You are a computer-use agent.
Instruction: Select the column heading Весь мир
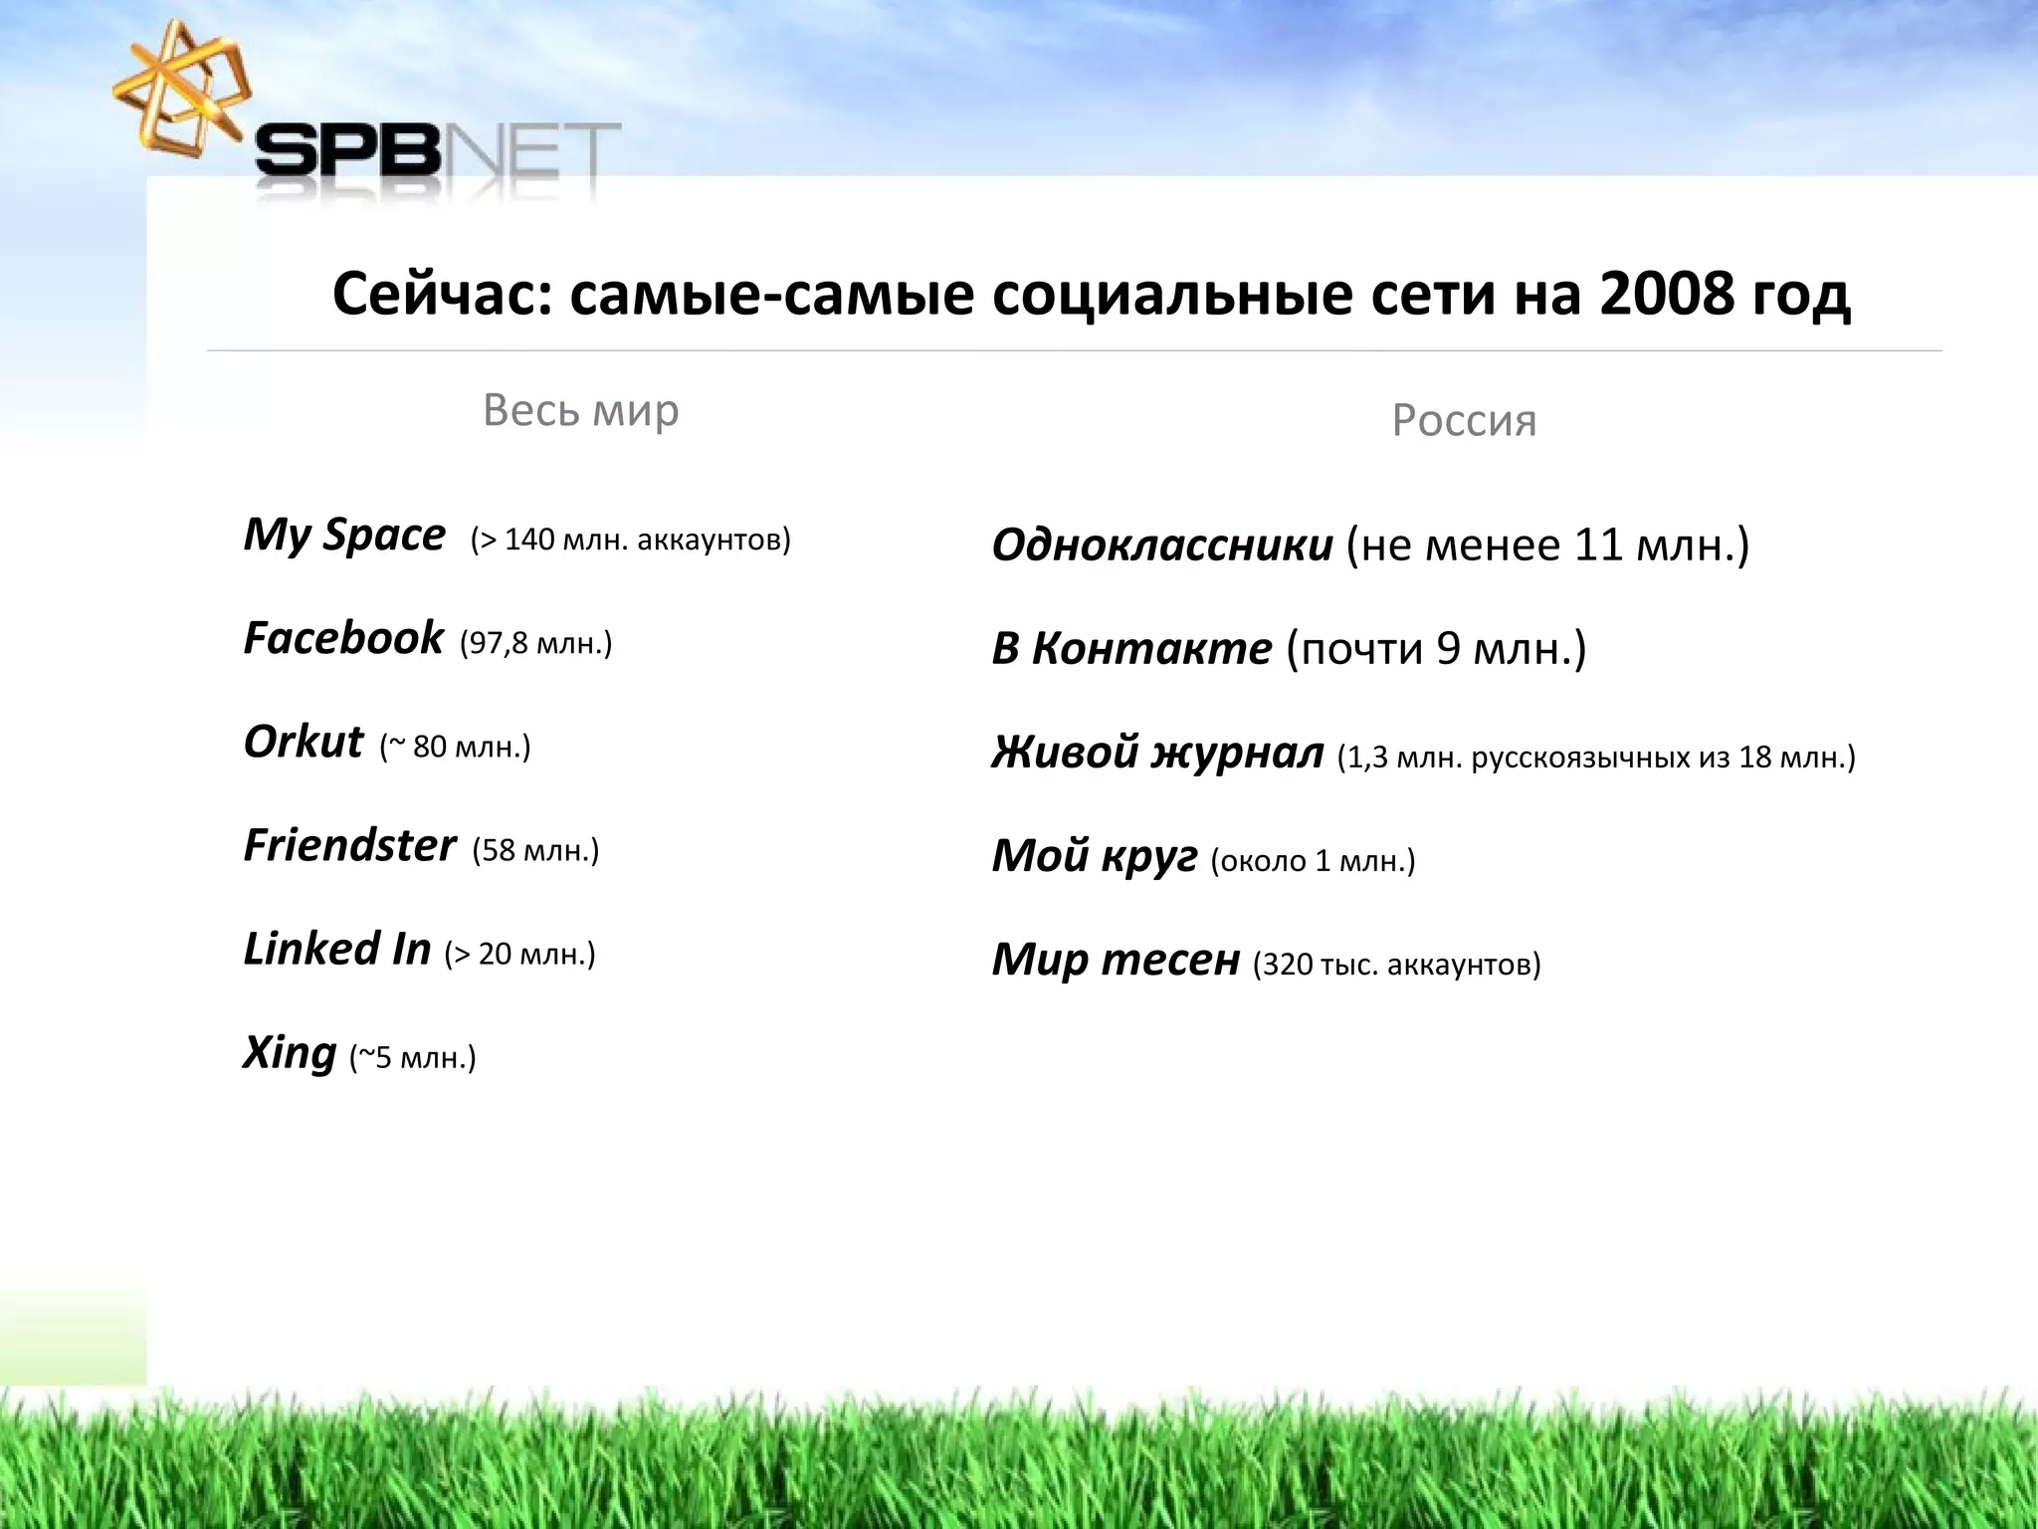tap(580, 410)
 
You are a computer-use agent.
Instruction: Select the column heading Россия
tap(1464, 420)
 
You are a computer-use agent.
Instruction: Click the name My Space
tap(344, 536)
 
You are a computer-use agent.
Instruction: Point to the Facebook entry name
tap(343, 638)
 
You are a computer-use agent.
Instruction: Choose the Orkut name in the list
tap(304, 743)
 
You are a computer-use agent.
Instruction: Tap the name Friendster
tap(349, 846)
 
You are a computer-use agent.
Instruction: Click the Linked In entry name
tap(337, 950)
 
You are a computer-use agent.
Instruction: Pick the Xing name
tap(290, 1053)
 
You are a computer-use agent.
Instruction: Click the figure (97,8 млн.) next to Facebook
tap(535, 644)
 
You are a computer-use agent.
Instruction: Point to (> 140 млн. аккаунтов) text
tap(631, 541)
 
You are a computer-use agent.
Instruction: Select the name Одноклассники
tap(1162, 546)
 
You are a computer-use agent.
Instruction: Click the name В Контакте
tap(1131, 649)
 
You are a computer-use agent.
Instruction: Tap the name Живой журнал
tap(1157, 753)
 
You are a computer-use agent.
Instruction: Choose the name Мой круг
tap(1095, 856)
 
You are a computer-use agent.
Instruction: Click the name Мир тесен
tap(1116, 960)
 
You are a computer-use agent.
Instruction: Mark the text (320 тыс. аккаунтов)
tap(1396, 965)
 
